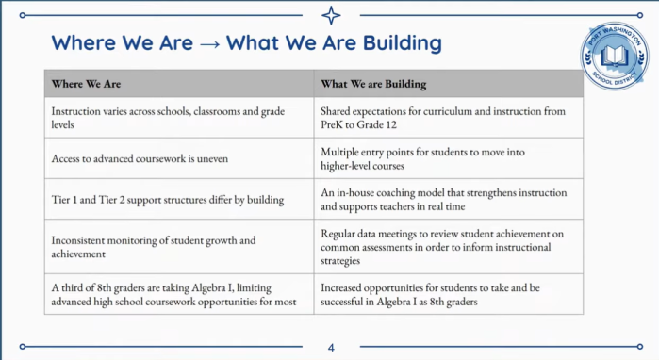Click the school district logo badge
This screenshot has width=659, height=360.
point(614,56)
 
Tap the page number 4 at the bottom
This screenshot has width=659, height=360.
point(331,348)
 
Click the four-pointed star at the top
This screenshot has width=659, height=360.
point(331,15)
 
